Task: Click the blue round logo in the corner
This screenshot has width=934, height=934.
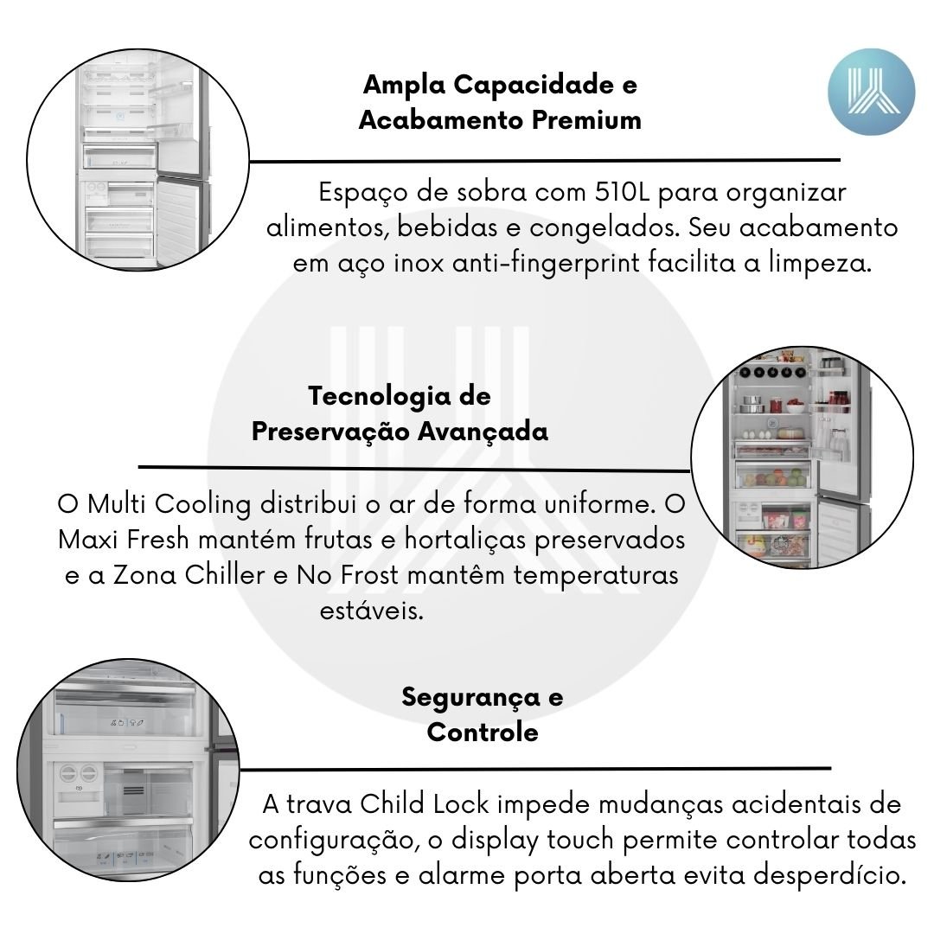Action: pyautogui.click(x=871, y=92)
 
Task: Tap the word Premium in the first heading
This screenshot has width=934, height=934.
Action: pyautogui.click(x=586, y=119)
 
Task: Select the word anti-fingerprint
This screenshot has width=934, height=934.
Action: pyautogui.click(x=547, y=263)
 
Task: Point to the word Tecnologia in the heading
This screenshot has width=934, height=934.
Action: pyautogui.click(x=379, y=397)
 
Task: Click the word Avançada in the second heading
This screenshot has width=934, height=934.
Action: pyautogui.click(x=483, y=432)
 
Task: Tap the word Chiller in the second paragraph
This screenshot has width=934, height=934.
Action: pyautogui.click(x=225, y=575)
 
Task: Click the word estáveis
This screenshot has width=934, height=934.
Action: pyautogui.click(x=372, y=611)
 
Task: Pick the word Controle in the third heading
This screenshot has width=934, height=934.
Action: pyautogui.click(x=483, y=732)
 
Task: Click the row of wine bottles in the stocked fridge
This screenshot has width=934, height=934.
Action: pyautogui.click(x=772, y=372)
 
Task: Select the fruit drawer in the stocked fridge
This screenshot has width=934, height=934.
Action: pyautogui.click(x=773, y=476)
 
